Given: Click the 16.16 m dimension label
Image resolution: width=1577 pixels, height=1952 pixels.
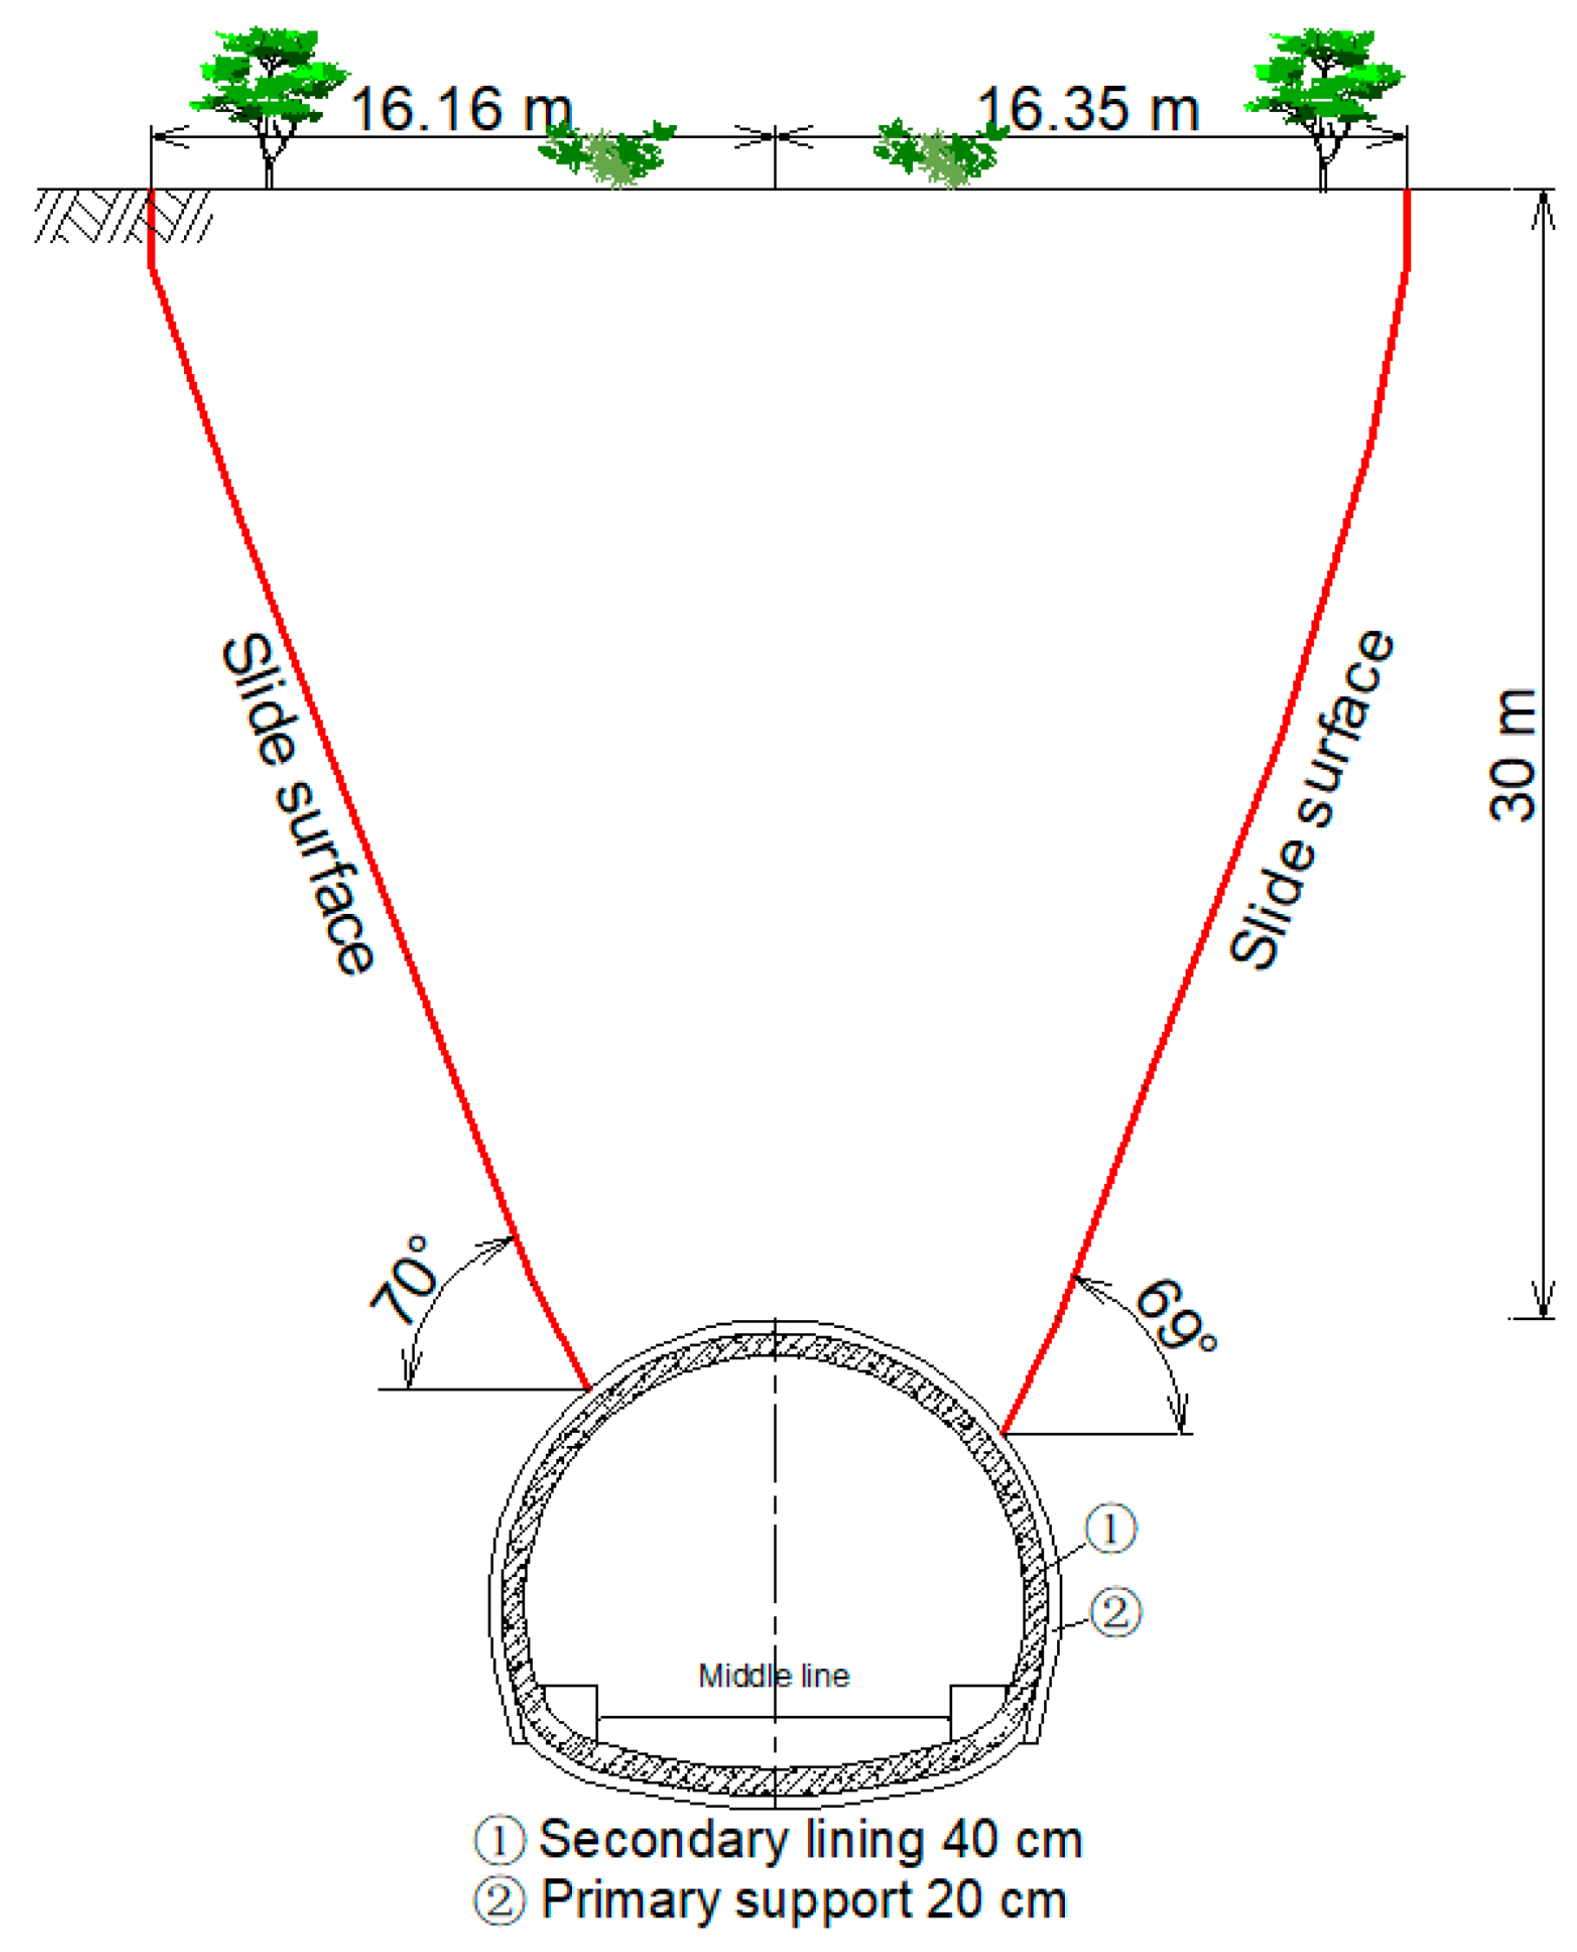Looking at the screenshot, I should point(462,110).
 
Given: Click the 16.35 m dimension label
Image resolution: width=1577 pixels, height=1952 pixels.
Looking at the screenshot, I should point(1088,110).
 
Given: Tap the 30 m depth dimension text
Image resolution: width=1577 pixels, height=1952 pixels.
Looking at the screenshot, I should point(1513,756).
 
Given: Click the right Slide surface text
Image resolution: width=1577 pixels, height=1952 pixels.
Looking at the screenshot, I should point(1311,801).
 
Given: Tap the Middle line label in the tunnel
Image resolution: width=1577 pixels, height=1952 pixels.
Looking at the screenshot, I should point(774,1676).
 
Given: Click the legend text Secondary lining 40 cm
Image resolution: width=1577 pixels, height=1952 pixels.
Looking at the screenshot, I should point(811,1839).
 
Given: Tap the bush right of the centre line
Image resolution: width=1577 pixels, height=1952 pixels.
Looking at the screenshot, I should point(940,153).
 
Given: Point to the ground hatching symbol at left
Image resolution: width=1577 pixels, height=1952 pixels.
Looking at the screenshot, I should point(122,216).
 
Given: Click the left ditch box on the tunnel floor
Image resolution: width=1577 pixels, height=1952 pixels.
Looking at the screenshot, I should point(570,1713).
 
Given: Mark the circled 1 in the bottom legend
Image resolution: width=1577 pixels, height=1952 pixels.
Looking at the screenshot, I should point(500,1840).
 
